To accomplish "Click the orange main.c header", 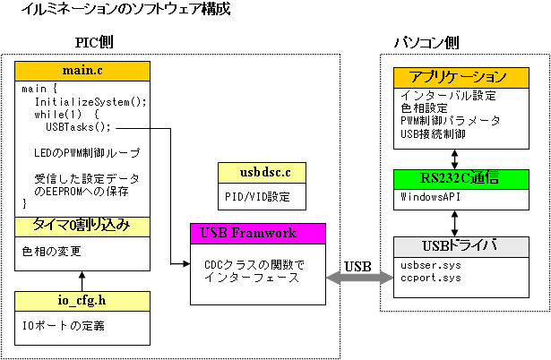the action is (x=82, y=72).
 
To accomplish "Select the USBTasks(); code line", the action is (x=78, y=127).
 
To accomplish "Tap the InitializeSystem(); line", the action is (x=90, y=102).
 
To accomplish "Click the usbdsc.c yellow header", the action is (x=262, y=173).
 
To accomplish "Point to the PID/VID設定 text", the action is (x=257, y=196).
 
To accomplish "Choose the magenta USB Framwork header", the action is (x=258, y=234).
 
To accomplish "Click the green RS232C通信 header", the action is (x=461, y=179).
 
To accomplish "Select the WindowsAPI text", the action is (x=430, y=196).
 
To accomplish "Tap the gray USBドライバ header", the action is (x=461, y=247).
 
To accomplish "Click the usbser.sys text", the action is (x=430, y=265).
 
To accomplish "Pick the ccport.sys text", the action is (x=430, y=278).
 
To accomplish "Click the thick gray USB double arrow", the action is (x=360, y=278).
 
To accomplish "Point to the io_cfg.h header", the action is (x=82, y=302).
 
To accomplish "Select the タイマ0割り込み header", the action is (x=82, y=227).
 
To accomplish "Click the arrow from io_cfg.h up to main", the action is (x=82, y=281).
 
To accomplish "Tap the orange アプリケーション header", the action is (x=461, y=78).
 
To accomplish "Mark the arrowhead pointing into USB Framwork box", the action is (x=186, y=264).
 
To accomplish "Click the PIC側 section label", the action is (x=94, y=42).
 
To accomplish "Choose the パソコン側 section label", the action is (x=426, y=42).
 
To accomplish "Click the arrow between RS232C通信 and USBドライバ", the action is (x=454, y=223).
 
